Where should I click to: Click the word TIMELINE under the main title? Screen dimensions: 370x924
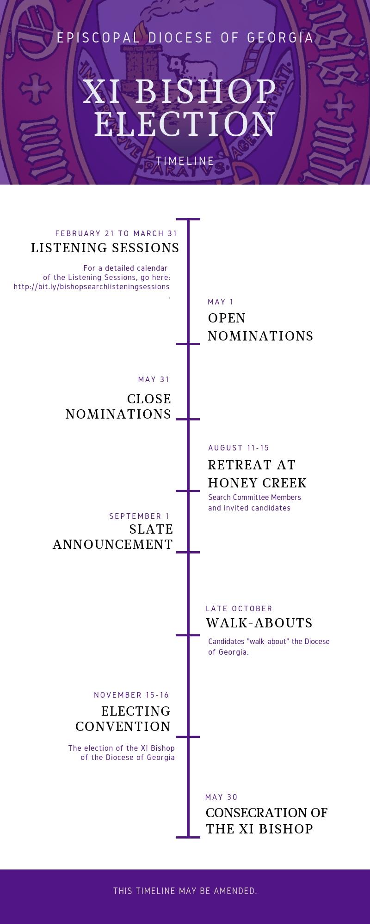point(185,161)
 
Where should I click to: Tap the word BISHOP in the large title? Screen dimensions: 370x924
point(206,91)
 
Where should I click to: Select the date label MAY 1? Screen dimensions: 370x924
point(221,302)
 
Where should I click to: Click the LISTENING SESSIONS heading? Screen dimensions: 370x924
point(105,248)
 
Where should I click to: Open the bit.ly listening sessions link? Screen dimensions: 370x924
point(92,286)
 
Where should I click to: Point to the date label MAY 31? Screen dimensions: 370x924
point(154,379)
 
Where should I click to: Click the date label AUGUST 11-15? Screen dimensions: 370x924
point(239,448)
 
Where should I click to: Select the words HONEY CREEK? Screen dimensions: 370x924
point(257,483)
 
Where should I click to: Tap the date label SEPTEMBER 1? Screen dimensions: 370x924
point(139,516)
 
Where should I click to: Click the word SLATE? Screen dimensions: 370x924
point(151,529)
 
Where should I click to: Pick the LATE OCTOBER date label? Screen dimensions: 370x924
point(239,608)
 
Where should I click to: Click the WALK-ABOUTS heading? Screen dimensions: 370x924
point(259,623)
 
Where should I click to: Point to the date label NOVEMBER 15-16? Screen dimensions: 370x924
point(131,695)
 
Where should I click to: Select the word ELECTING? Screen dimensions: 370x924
point(136,711)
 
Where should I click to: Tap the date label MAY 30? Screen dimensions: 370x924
point(221,797)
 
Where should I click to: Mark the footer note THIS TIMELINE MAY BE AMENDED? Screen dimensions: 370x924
point(185,891)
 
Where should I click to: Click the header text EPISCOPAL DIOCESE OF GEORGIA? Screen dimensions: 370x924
point(185,38)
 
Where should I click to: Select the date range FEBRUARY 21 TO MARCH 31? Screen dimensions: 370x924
point(116,233)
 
